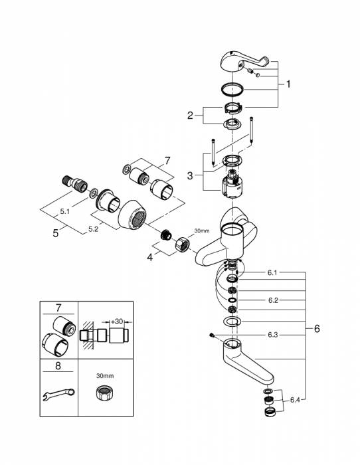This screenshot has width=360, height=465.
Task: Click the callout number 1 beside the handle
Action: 289,84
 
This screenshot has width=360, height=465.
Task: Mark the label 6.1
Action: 273,272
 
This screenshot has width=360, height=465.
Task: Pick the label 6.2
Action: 273,300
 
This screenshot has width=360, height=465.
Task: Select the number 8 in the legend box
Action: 58,364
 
